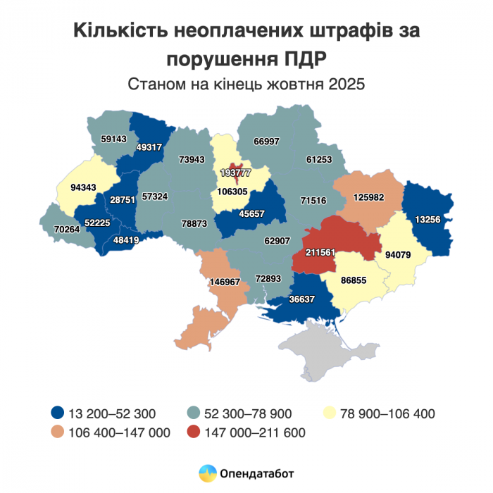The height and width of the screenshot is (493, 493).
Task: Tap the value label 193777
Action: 235,173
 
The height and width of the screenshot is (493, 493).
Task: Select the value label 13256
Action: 428,220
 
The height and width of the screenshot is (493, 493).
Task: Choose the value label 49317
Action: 149,147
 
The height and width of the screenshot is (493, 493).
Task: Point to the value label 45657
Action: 251,213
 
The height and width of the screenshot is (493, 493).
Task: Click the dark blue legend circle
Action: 57,413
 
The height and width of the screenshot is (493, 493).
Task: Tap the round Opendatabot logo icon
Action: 207,473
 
